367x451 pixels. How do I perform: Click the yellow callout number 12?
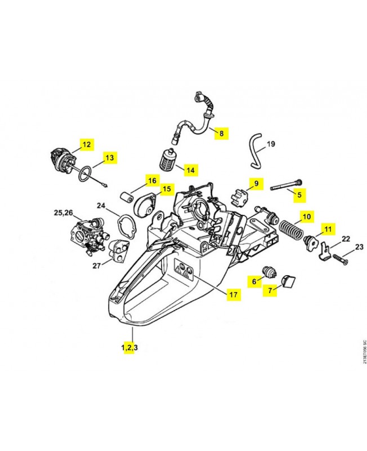click(86, 144)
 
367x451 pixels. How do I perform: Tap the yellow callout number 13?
click(109, 158)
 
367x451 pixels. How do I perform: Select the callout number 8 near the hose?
click(221, 134)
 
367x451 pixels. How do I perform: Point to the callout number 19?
click(270, 144)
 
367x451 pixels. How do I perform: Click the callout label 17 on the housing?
click(231, 294)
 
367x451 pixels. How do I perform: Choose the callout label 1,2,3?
click(129, 347)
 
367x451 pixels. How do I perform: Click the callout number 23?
click(359, 246)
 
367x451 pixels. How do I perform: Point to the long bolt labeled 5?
click(284, 184)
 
